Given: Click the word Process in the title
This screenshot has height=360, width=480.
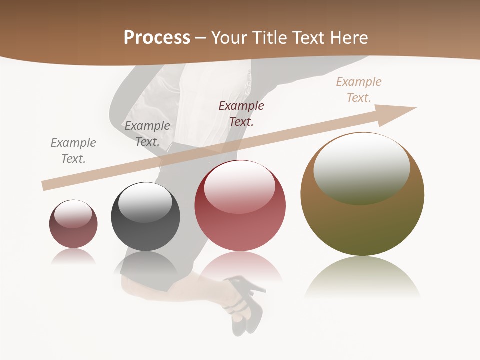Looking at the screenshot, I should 157,38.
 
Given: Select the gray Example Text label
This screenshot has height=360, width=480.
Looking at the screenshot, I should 73,150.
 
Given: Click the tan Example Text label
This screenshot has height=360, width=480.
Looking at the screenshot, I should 359,90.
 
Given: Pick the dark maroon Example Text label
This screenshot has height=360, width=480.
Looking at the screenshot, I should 241,113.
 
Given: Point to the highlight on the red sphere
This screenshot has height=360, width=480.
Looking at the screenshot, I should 239,186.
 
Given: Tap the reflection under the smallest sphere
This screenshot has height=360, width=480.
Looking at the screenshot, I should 73,256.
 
